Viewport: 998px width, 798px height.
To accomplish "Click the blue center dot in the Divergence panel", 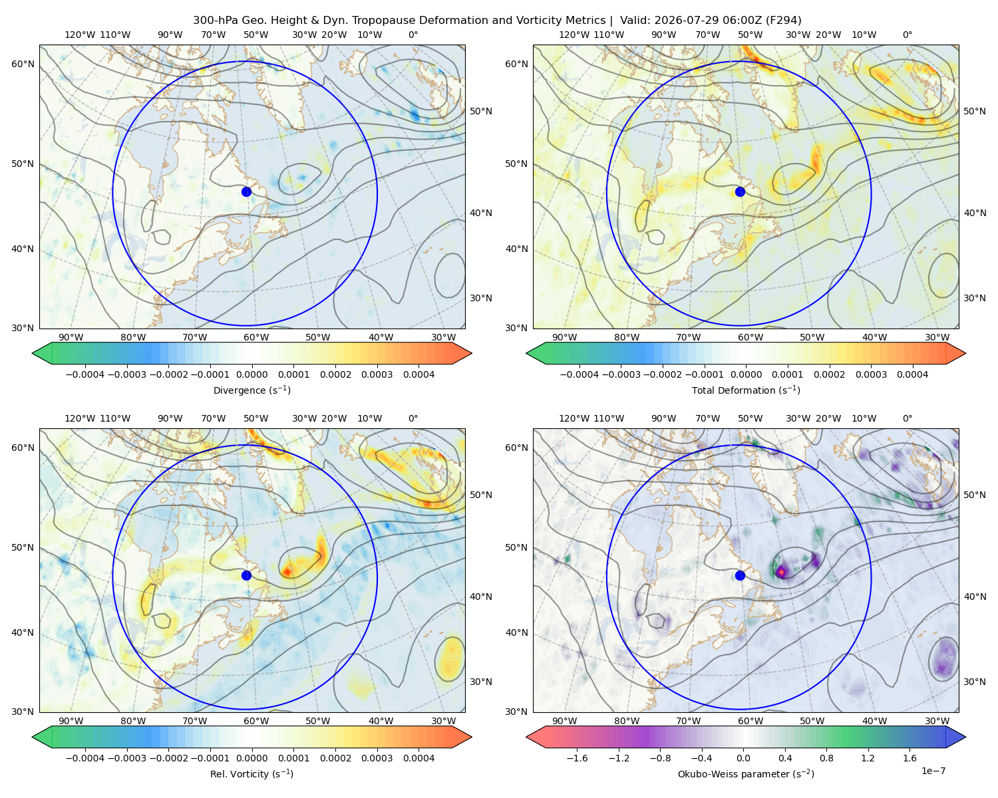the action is (246, 192).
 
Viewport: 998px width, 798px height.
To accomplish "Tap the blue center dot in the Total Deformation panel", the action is (740, 192).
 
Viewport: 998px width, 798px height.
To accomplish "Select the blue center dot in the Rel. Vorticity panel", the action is (246, 575).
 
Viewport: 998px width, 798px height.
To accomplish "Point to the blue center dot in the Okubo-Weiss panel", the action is (740, 575).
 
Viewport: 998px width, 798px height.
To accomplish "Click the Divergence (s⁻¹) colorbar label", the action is (251, 390).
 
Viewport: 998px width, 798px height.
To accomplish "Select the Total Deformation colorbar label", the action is (746, 390).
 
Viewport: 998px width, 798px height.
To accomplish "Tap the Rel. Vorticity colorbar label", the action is (251, 773).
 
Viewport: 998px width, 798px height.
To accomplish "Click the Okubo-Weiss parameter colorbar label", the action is (746, 773).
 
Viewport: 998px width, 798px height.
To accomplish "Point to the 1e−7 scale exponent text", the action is (933, 771).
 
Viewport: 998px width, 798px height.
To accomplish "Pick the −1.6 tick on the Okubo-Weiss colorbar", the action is (577, 758).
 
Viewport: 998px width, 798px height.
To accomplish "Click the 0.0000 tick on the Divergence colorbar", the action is (251, 374).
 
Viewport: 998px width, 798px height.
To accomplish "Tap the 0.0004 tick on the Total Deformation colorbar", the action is (912, 374).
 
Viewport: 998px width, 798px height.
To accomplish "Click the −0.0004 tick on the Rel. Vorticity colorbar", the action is (85, 758).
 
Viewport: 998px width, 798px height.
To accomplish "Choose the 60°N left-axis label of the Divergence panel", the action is (23, 64).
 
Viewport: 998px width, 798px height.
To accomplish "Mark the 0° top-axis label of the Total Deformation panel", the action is (907, 35).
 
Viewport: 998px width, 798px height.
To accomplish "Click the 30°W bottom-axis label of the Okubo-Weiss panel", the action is (937, 721).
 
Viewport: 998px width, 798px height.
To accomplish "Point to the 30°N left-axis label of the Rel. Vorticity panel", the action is (23, 712).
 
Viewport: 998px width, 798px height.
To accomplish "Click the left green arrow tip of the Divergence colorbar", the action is (33, 353).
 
